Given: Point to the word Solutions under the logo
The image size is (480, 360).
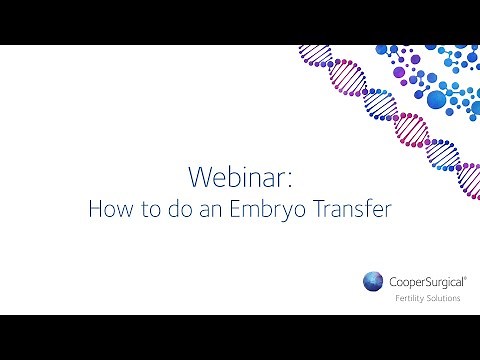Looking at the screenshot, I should pos(441,297).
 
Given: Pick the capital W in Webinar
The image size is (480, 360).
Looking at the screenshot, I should pos(197,176).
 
